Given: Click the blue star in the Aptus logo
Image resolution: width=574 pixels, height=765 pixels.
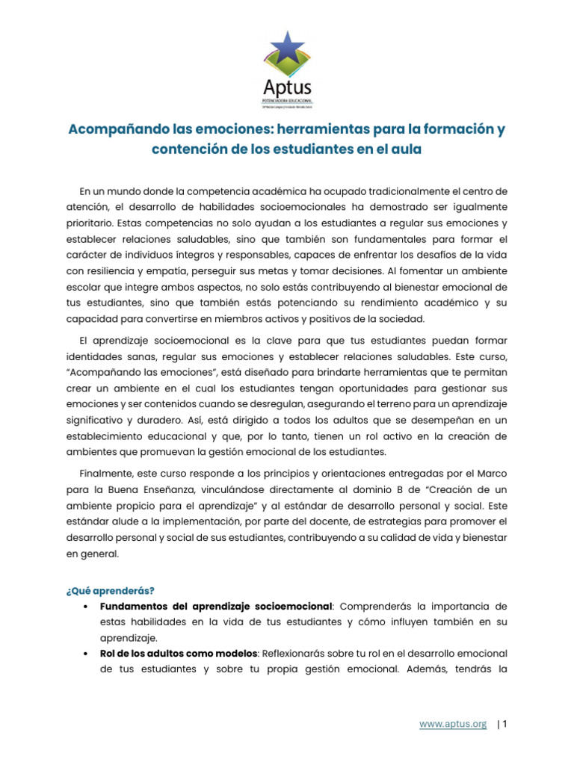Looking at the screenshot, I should tap(287, 51).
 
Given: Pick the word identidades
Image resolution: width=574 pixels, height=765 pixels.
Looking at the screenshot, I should tap(96, 357).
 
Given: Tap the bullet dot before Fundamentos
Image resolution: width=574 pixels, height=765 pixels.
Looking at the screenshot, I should tap(88, 606).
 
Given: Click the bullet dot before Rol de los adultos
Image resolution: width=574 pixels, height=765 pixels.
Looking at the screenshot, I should tap(88, 653).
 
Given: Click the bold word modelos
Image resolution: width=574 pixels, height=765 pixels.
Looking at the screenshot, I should tap(235, 653).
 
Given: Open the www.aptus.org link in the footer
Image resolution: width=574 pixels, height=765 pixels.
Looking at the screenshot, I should tap(453, 724).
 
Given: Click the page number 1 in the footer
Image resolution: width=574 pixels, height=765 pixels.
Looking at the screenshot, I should tap(504, 724).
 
